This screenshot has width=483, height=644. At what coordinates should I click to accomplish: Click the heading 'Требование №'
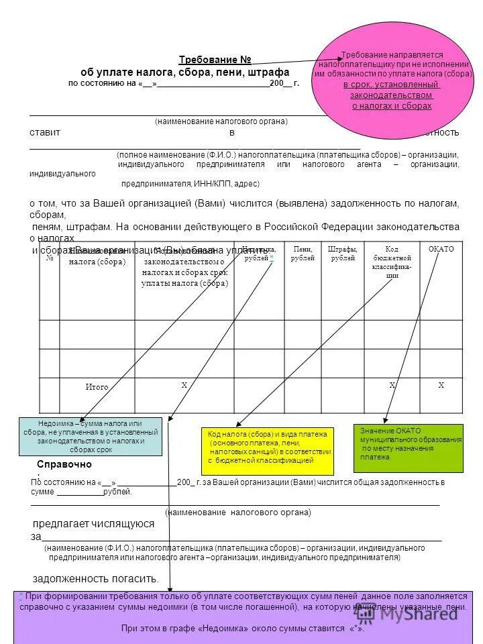point(215,60)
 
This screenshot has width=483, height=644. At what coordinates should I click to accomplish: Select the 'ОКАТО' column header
point(441,250)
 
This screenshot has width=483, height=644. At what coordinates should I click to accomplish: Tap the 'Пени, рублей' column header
point(303,254)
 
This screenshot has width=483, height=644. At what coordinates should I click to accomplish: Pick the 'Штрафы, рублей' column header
point(343,254)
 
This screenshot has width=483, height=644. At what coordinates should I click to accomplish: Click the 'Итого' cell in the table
point(97,387)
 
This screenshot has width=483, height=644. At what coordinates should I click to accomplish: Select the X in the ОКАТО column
point(441,385)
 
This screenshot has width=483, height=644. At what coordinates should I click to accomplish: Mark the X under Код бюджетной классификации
point(392,385)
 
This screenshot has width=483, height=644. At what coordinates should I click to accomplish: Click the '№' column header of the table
point(50,258)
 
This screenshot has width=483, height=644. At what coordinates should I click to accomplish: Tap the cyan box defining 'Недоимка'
point(90,436)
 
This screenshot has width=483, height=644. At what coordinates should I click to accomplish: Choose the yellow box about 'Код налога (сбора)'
point(267,447)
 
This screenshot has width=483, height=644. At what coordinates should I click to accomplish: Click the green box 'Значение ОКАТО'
point(408,447)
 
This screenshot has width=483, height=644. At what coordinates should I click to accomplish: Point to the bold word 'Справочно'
point(64,464)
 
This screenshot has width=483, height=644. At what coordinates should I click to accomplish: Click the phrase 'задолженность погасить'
point(96,578)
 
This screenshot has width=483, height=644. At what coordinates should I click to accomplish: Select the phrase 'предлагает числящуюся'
point(94,523)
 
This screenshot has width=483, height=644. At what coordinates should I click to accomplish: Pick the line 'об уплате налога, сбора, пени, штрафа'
point(184,72)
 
